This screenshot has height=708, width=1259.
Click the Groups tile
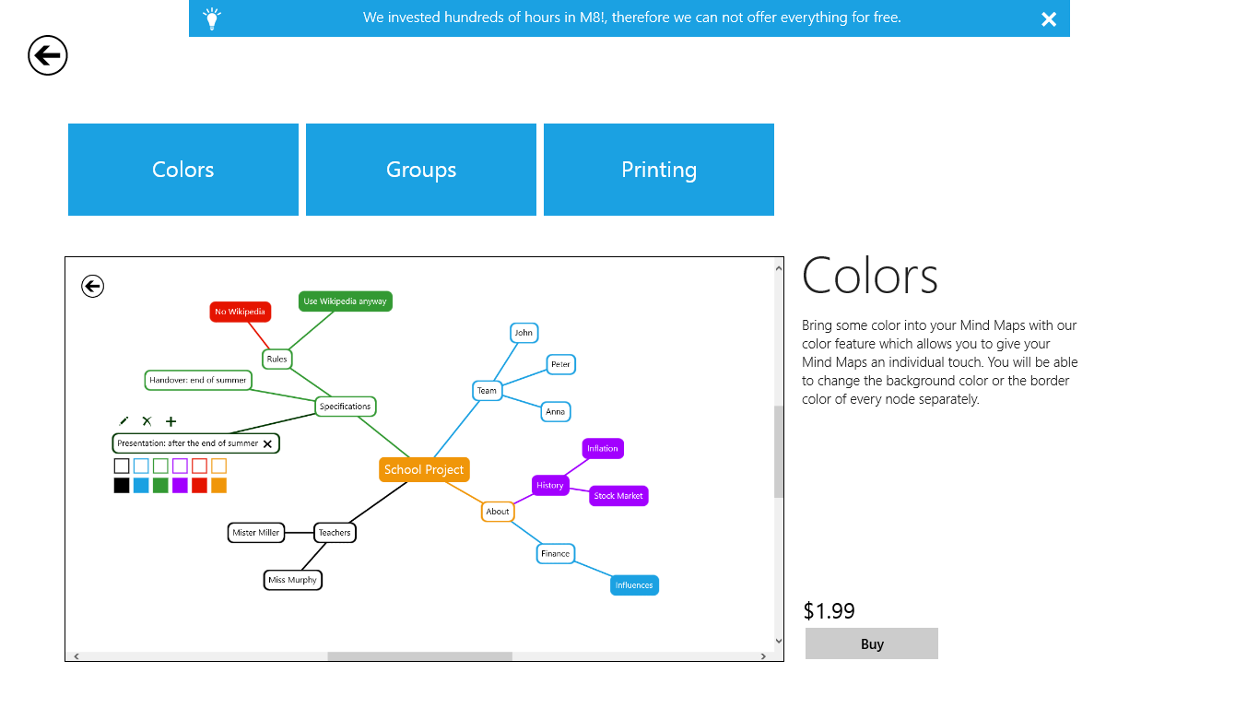(421, 170)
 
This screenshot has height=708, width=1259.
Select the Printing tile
(659, 170)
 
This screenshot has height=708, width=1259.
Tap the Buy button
(871, 643)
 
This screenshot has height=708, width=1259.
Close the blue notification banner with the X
(1049, 19)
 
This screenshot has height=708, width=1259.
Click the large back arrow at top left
(48, 55)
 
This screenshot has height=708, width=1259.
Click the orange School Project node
(424, 469)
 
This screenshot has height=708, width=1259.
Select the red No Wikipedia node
(240, 312)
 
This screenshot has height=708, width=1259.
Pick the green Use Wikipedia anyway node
(345, 301)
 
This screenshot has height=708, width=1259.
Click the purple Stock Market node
(618, 496)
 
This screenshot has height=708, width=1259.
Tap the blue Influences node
(634, 585)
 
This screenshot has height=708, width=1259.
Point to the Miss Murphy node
(292, 580)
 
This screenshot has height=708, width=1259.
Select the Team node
(487, 390)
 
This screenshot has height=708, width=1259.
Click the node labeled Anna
(555, 411)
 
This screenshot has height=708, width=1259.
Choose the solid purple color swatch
(180, 485)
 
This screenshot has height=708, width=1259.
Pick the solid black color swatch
(122, 485)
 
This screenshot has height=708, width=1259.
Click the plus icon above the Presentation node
(171, 421)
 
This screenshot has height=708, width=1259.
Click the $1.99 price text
(829, 610)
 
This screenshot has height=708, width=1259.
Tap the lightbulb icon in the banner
(212, 18)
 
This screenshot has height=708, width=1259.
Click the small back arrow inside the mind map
(92, 287)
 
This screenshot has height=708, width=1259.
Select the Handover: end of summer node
(198, 380)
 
